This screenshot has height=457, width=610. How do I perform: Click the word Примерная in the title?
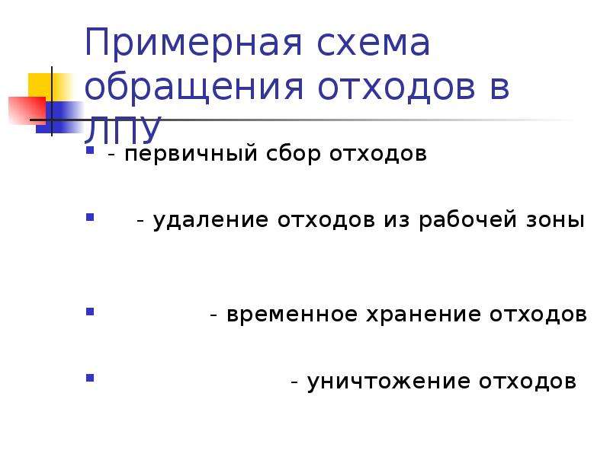(x=194, y=43)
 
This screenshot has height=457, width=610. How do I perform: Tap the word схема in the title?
(x=374, y=43)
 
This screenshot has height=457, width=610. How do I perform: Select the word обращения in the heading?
(x=194, y=88)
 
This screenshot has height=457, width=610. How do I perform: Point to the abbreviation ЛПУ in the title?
(x=123, y=128)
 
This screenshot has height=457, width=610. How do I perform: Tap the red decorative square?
(x=27, y=110)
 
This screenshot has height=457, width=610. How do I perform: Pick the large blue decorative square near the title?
(x=59, y=117)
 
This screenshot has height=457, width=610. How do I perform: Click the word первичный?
(x=191, y=154)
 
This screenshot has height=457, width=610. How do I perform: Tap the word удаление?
(x=210, y=220)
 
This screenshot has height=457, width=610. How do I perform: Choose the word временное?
(x=292, y=315)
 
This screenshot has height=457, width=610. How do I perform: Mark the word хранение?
(x=423, y=315)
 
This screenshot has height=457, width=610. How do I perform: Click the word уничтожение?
(x=389, y=382)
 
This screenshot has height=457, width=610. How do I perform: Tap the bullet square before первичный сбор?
(x=90, y=150)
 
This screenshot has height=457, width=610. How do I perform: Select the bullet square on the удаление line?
(x=90, y=217)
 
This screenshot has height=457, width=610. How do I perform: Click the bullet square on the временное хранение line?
(x=90, y=312)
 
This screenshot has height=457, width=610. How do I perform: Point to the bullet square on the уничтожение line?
(x=90, y=378)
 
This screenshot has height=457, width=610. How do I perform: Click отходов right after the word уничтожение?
(x=528, y=382)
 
